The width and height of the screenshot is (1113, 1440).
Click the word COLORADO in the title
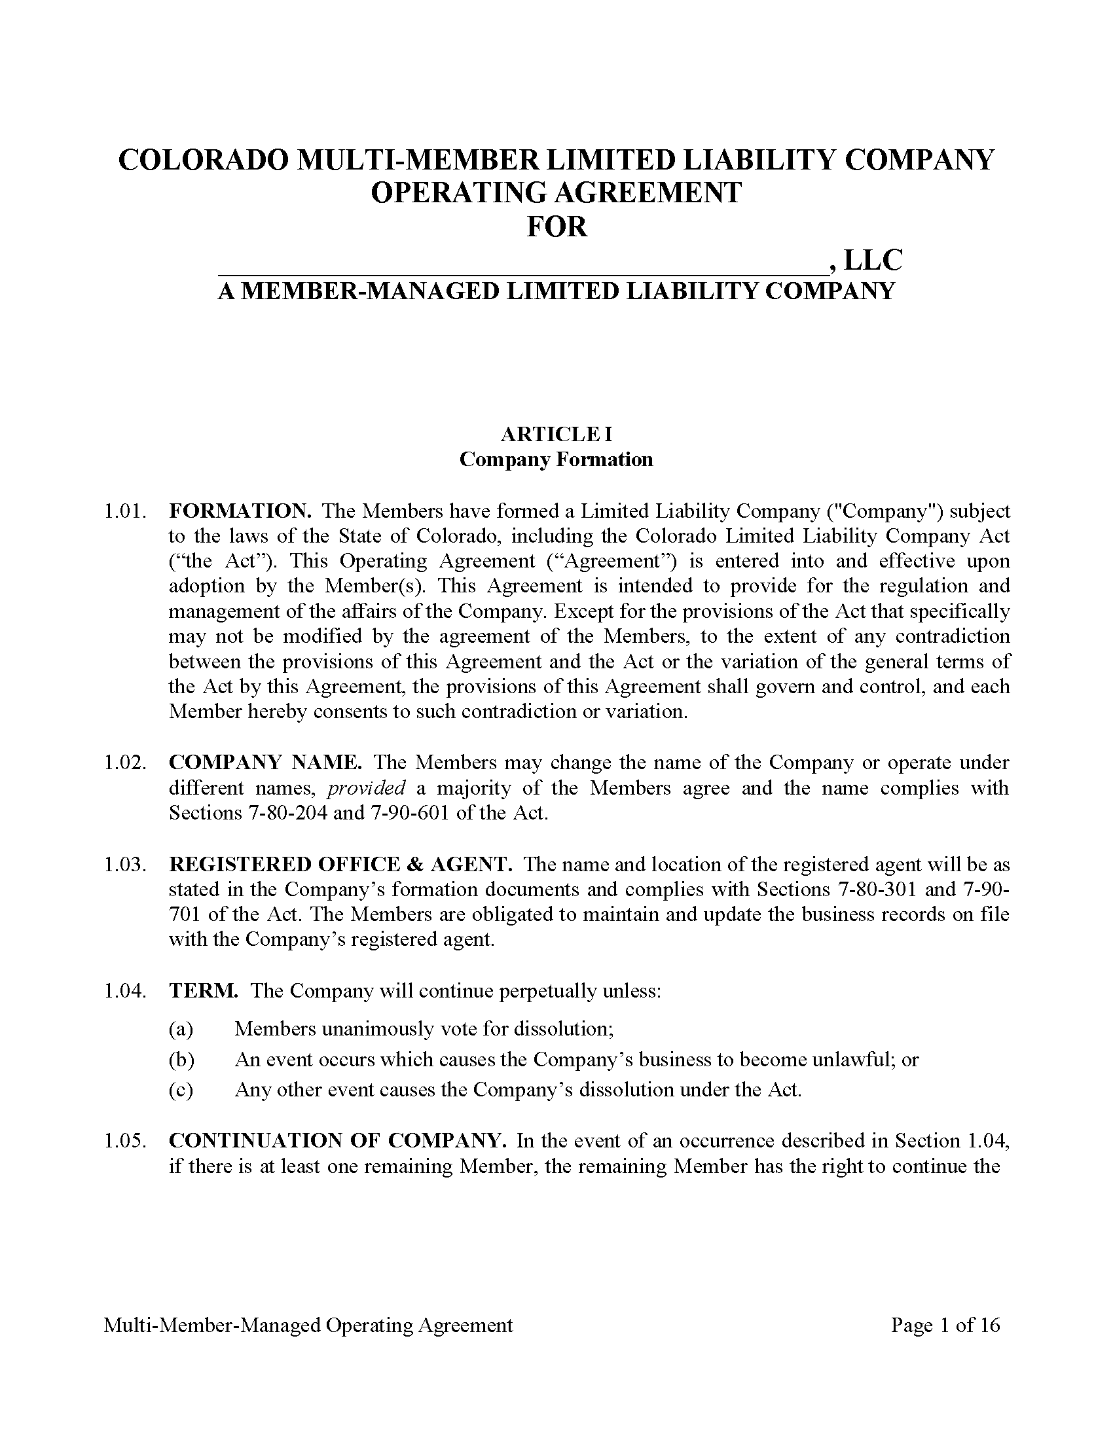(x=203, y=160)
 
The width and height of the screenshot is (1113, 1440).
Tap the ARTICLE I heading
(x=556, y=435)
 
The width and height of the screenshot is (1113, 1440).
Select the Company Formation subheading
(x=556, y=459)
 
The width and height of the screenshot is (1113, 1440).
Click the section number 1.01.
(x=123, y=511)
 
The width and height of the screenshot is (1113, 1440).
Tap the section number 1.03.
(x=123, y=865)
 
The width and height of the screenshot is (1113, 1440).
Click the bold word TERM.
(x=203, y=991)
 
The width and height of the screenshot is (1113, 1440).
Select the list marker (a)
(x=181, y=1028)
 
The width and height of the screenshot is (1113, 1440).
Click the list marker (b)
(x=181, y=1060)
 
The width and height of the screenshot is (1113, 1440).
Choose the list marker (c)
(x=181, y=1090)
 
